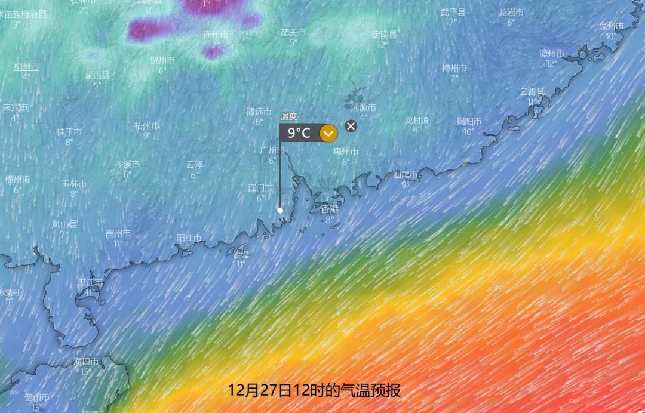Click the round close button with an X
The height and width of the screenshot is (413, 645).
[351, 125]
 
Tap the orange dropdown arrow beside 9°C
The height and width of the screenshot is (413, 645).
[328, 133]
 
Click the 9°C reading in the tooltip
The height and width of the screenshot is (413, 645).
[299, 133]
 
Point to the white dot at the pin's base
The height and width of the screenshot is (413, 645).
[280, 210]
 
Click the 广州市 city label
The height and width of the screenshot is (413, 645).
[272, 150]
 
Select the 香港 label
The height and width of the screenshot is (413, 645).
[329, 209]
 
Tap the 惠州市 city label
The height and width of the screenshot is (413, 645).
[346, 152]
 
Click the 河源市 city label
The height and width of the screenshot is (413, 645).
[363, 107]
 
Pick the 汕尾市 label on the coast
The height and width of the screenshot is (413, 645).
[406, 175]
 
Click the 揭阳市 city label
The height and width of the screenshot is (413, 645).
[469, 121]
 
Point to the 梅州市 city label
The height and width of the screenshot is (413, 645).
[454, 68]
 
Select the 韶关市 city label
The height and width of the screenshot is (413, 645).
[293, 33]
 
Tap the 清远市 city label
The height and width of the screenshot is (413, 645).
[259, 112]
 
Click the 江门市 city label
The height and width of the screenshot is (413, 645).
[260, 188]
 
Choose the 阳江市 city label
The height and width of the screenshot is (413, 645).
[189, 238]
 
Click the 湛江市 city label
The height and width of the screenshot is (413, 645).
[90, 282]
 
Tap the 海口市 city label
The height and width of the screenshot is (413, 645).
[86, 362]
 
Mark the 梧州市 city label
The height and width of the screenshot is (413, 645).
[147, 126]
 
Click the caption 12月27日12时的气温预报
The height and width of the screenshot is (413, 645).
[314, 391]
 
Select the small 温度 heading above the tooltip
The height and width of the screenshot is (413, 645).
[288, 116]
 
